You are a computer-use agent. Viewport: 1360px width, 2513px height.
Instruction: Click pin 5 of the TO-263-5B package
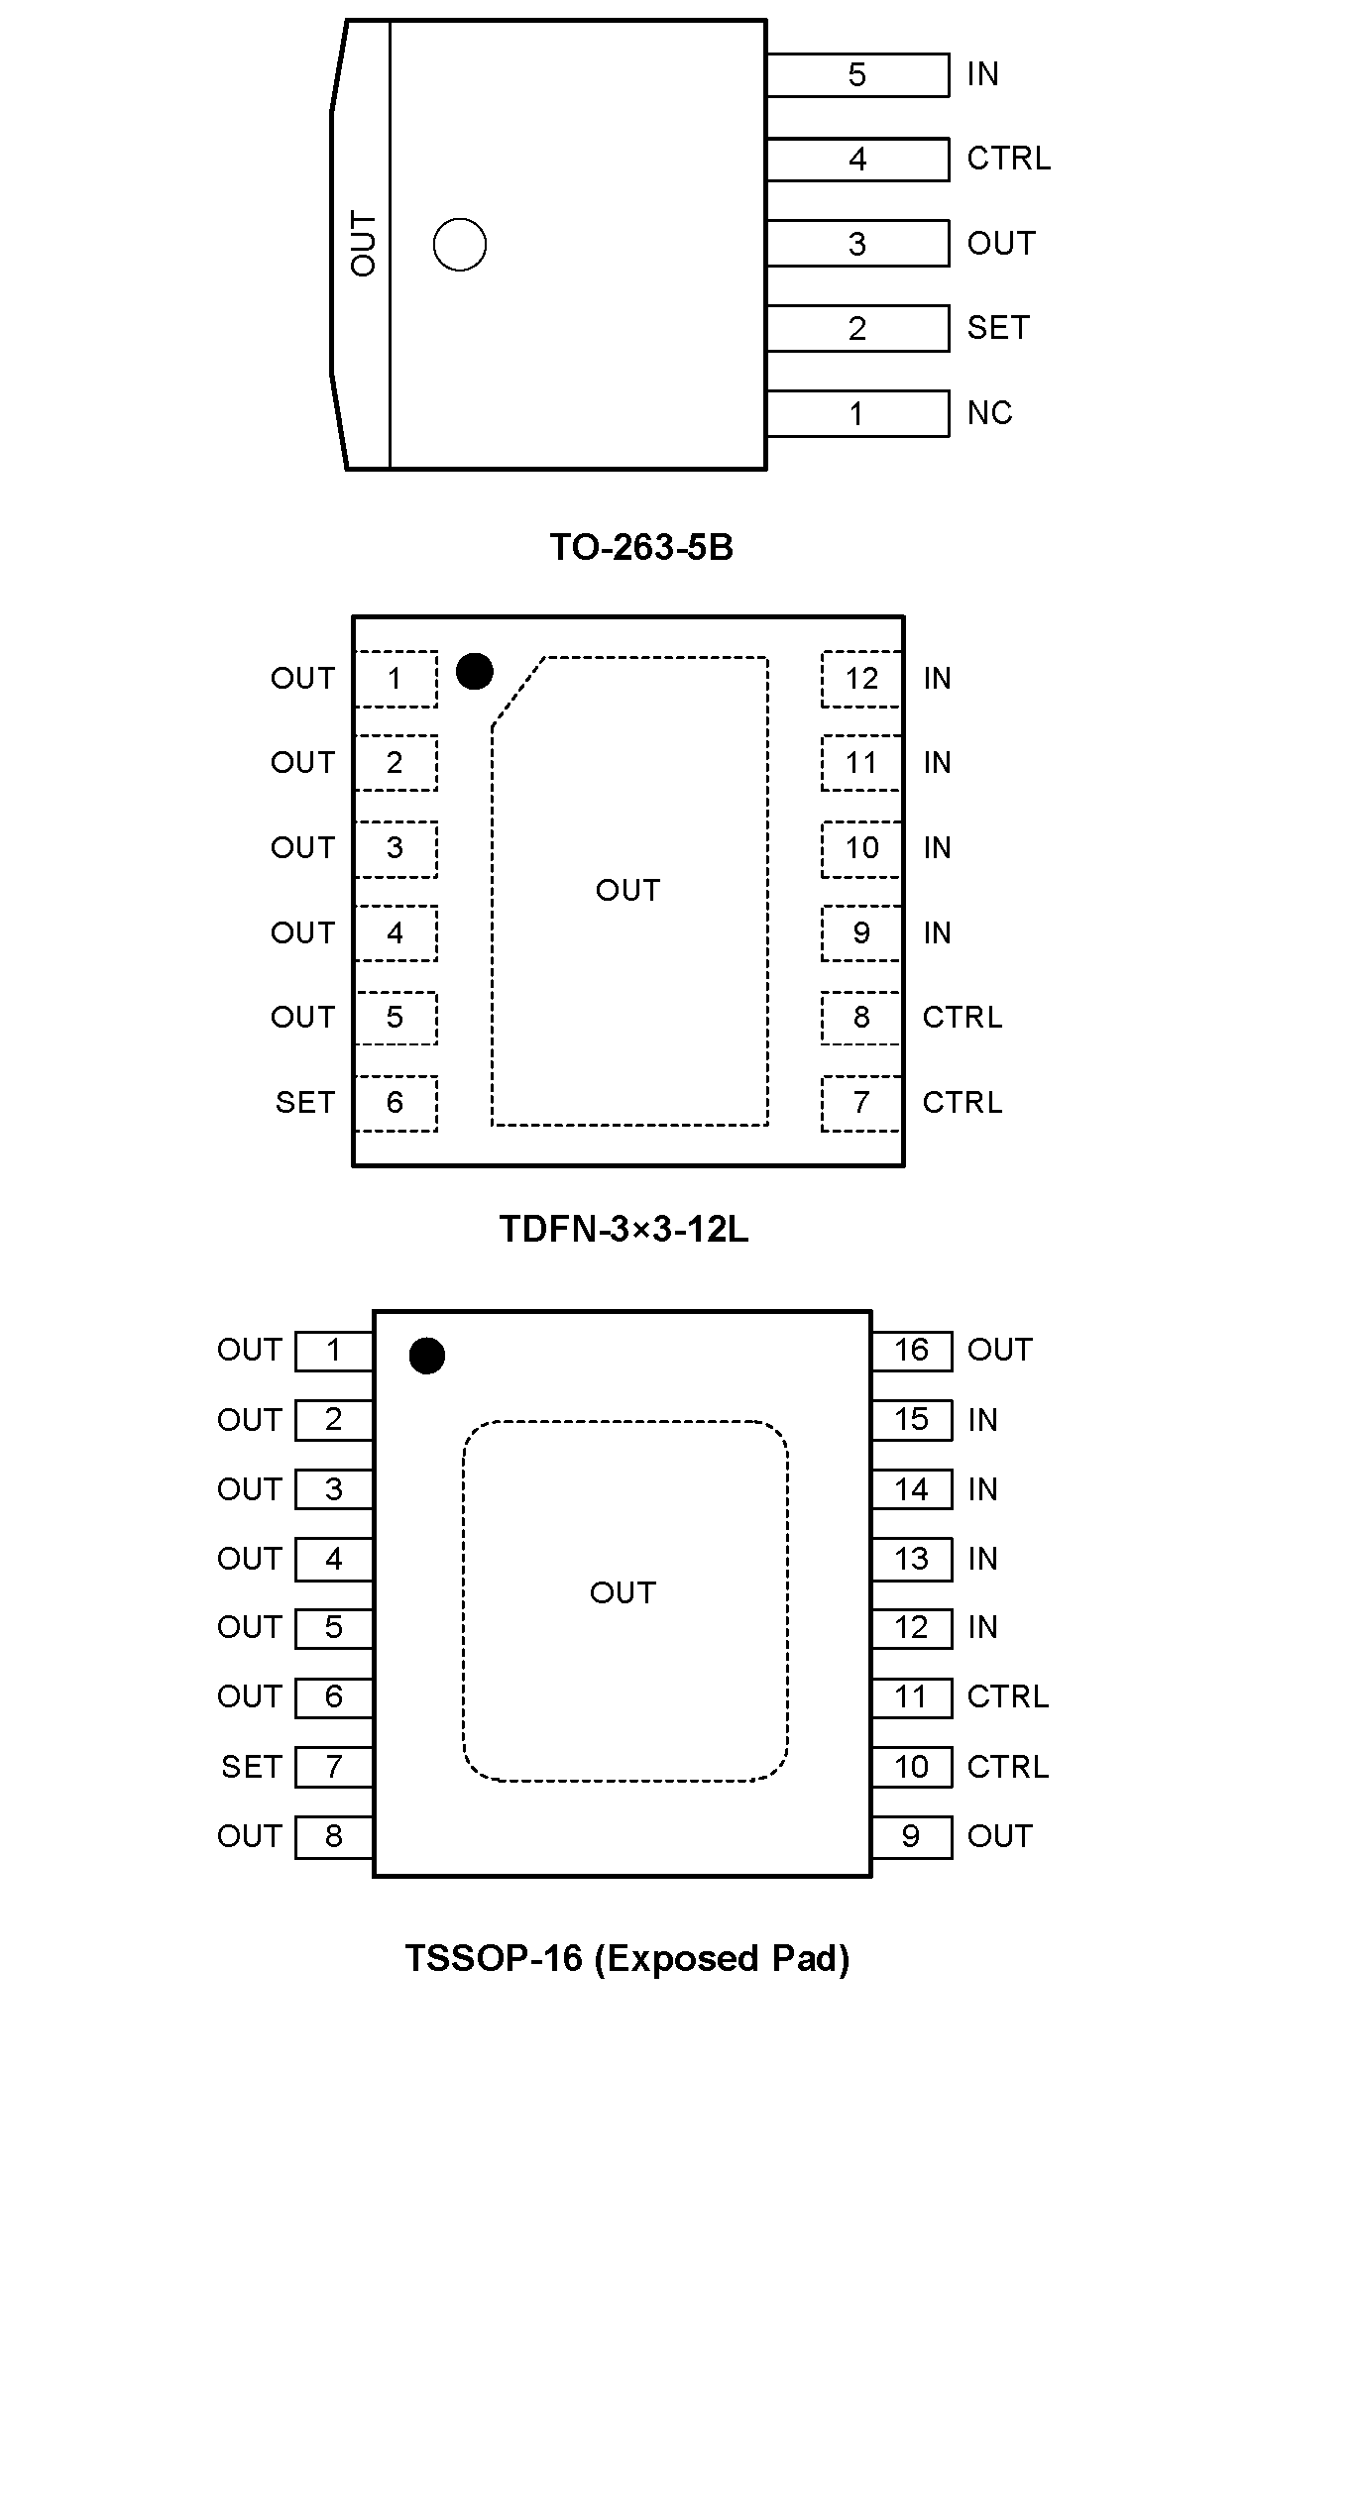tap(857, 75)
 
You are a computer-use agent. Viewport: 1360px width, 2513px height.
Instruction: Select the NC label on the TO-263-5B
tap(989, 413)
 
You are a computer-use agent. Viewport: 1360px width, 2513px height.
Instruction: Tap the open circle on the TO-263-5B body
tap(460, 245)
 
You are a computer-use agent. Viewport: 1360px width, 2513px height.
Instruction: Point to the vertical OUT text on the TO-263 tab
tap(364, 244)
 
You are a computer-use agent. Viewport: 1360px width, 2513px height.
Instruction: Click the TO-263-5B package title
tap(641, 547)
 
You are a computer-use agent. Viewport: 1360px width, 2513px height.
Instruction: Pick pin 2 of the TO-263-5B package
tap(857, 329)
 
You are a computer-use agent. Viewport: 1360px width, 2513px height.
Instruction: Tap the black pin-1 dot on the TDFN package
tap(475, 672)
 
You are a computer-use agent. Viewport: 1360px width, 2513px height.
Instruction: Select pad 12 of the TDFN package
tap(861, 679)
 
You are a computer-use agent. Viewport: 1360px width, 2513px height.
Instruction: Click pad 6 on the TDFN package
tap(396, 1103)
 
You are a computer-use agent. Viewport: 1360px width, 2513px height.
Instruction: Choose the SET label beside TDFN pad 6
tap(305, 1103)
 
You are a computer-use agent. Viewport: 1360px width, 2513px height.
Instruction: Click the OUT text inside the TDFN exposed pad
tap(627, 890)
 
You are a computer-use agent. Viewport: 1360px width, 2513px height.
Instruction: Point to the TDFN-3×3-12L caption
tap(623, 1229)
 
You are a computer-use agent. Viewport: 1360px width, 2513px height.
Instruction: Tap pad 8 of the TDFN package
tap(861, 1018)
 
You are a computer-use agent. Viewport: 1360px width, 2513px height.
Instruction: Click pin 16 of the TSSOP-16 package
tap(911, 1350)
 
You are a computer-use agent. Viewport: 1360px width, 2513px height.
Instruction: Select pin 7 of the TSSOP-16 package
tap(334, 1767)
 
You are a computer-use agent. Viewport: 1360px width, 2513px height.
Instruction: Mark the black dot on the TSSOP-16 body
tap(427, 1356)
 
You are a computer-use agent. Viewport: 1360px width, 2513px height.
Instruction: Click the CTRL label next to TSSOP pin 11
tap(1007, 1696)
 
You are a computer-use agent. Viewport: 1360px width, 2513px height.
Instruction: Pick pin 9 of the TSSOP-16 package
tap(911, 1836)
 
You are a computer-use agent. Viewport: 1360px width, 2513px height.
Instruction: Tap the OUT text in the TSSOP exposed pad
tap(623, 1592)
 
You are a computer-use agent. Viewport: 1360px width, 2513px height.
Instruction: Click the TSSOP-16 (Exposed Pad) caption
tap(627, 1958)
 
